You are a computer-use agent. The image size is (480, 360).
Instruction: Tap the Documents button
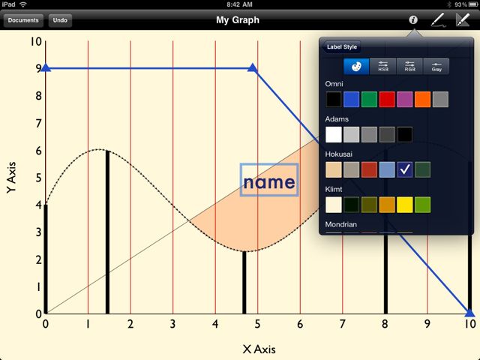[x=23, y=20]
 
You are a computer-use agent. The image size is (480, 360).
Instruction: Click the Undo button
[x=60, y=20]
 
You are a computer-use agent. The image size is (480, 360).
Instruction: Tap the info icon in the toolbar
[x=413, y=20]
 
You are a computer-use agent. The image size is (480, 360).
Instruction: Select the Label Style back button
[x=341, y=46]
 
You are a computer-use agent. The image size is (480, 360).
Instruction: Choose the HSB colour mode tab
[x=383, y=67]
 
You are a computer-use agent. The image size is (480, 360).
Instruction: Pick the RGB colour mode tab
[x=409, y=67]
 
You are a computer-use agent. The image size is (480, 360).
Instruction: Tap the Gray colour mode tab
[x=436, y=67]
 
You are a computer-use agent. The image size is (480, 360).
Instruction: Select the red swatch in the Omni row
[x=387, y=99]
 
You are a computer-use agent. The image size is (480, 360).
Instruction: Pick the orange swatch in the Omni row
[x=422, y=99]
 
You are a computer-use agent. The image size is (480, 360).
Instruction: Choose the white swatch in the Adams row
[x=333, y=134]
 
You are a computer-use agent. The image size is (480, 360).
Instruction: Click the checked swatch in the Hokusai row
[x=405, y=169]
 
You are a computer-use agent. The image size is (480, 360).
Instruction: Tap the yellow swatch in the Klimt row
[x=405, y=205]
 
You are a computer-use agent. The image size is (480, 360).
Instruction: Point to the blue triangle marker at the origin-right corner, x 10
[x=469, y=313]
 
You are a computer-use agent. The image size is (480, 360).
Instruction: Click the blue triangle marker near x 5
[x=253, y=67]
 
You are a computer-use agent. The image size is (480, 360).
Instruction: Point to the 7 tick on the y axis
[x=38, y=123]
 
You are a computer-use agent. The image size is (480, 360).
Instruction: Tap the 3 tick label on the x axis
[x=173, y=324]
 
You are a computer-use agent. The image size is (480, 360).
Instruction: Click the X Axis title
[x=259, y=349]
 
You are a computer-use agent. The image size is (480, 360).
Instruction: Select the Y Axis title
[x=11, y=178]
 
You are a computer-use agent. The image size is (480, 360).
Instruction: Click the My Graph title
[x=238, y=20]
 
